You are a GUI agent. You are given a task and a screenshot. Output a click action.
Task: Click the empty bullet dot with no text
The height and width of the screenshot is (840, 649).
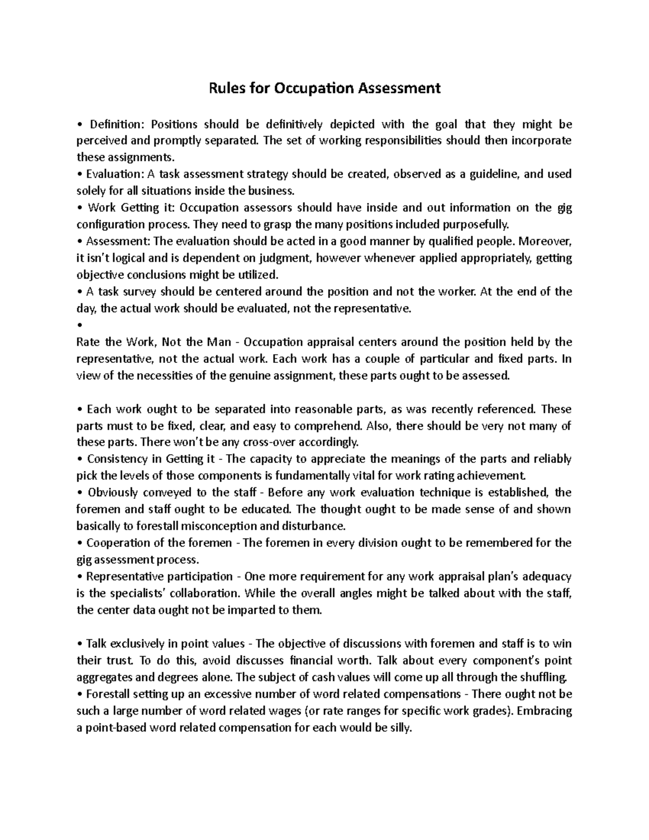(x=80, y=325)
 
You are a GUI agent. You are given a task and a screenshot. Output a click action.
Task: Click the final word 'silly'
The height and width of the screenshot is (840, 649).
(x=401, y=727)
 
